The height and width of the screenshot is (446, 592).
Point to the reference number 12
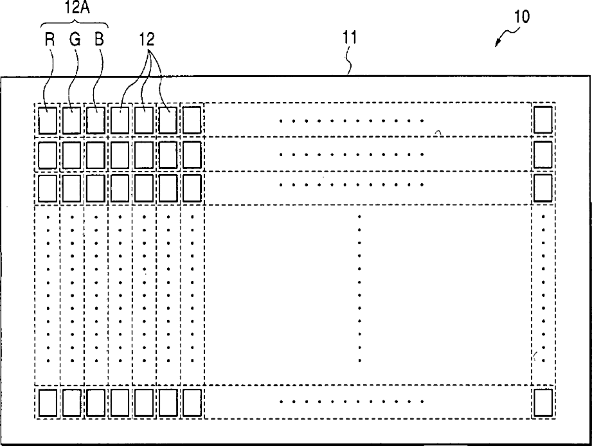pos(147,39)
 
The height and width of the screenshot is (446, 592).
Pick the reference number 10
pos(521,17)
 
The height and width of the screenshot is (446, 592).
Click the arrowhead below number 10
pos(499,42)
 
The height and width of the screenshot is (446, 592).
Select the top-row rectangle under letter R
pos(48,120)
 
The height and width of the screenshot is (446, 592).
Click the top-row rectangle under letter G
pos(72,120)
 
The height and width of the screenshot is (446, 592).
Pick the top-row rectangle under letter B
pos(96,120)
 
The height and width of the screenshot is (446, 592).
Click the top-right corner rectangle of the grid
pos(543,120)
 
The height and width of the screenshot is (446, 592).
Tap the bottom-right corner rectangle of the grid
pos(543,402)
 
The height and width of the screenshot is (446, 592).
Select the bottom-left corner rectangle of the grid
pos(48,403)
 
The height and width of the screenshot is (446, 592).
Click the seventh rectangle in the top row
pos(192,120)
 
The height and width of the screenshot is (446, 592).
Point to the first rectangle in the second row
pos(48,154)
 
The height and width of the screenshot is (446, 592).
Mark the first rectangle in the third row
pos(48,188)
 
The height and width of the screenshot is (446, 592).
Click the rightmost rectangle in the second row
pos(543,154)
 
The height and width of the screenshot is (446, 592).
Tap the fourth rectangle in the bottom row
pos(120,403)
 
